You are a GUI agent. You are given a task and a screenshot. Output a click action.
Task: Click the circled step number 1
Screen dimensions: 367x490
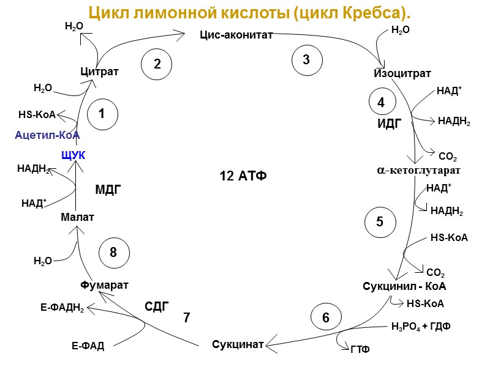(x=102, y=114)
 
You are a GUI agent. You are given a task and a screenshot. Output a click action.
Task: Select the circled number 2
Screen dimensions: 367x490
(x=157, y=63)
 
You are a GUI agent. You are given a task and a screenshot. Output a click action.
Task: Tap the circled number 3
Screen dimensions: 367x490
(x=306, y=59)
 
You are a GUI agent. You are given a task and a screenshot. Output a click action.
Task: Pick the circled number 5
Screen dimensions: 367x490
(x=380, y=221)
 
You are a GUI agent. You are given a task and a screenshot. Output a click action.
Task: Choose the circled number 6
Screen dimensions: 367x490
(x=326, y=317)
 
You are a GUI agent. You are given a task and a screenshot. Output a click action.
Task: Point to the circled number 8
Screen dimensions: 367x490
(x=113, y=253)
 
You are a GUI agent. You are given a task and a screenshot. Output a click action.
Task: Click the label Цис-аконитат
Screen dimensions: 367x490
(x=236, y=35)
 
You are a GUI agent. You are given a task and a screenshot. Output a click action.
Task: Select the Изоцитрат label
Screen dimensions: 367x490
(x=402, y=74)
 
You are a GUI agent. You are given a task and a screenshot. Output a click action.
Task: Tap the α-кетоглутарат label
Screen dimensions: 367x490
(x=418, y=169)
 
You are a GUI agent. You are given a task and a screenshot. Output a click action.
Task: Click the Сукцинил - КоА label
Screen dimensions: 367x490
(x=404, y=286)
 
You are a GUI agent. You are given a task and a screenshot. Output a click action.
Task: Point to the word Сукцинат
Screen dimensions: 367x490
(x=238, y=344)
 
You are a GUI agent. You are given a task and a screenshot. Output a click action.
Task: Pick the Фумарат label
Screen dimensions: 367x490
(x=104, y=285)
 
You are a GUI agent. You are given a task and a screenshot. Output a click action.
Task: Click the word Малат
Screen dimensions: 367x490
(x=78, y=217)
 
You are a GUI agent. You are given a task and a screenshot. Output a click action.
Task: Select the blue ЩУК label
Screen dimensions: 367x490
(x=73, y=155)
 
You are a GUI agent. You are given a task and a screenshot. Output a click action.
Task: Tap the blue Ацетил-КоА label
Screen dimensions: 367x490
(x=47, y=135)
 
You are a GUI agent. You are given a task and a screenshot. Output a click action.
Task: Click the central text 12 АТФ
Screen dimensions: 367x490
(x=243, y=177)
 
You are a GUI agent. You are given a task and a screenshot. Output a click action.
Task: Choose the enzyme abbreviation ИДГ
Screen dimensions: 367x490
(x=389, y=124)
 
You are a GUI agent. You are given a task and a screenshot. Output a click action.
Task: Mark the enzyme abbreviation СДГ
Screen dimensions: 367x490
(x=156, y=306)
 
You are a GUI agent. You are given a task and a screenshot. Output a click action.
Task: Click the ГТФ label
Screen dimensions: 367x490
(x=360, y=349)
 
